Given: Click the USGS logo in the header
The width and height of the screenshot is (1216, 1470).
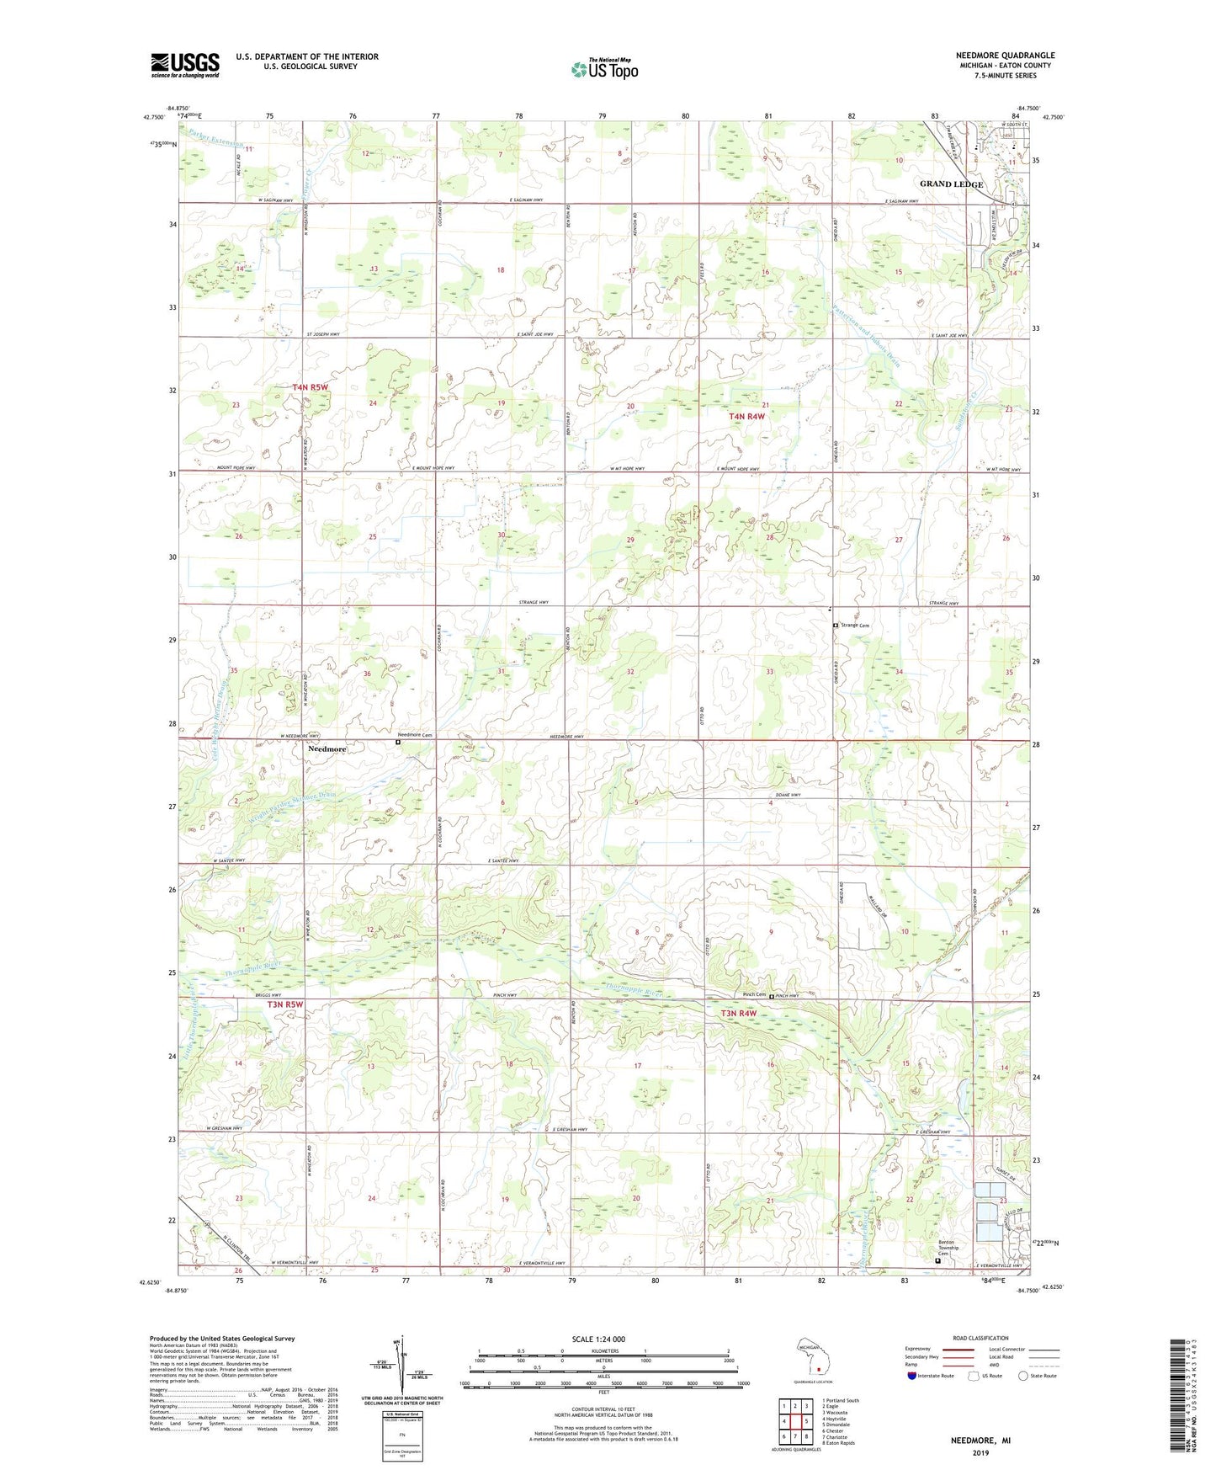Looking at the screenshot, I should (x=185, y=65).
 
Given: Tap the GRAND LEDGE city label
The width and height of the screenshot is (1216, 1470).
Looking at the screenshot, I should (x=951, y=184).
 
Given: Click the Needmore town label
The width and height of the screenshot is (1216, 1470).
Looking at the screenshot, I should (x=327, y=748).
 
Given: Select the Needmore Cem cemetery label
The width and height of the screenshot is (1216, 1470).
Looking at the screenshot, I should (x=415, y=735).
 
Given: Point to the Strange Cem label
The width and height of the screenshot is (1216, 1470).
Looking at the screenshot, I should (x=854, y=626).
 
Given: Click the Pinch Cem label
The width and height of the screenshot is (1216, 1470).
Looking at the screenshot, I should (x=753, y=995).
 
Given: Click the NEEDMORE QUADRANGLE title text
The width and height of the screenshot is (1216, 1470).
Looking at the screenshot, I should (x=1005, y=56).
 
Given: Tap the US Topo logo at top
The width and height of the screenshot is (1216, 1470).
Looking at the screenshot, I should (x=604, y=68).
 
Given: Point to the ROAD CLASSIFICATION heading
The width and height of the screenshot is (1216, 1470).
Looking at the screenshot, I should (x=980, y=1338).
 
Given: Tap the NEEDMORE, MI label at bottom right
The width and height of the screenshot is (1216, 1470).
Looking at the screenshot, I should (x=980, y=1441).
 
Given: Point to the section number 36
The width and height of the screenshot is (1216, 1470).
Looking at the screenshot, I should (x=367, y=674).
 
